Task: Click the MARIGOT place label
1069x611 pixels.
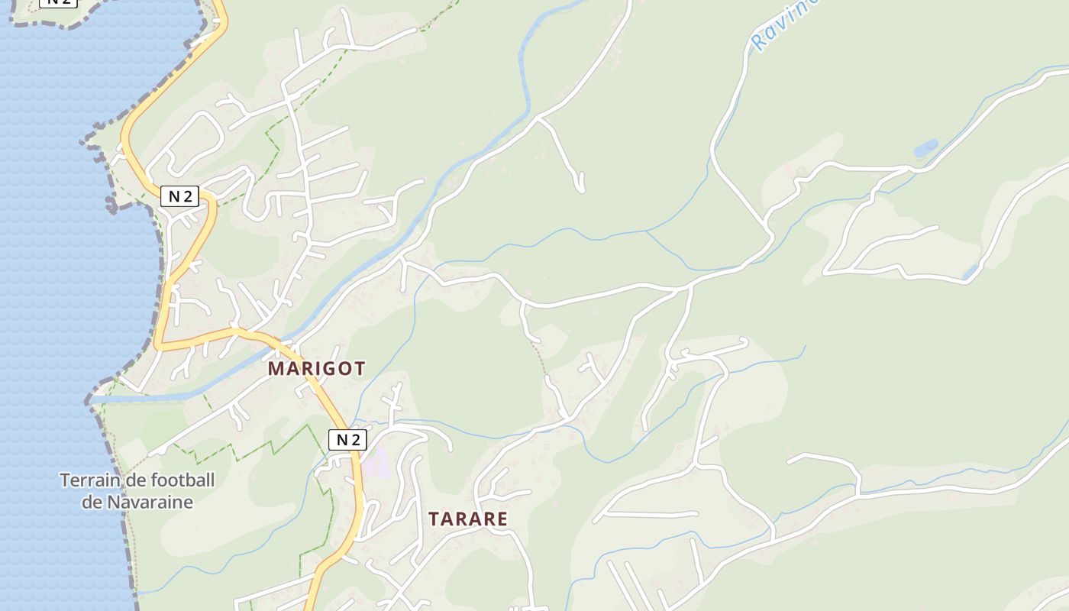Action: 316,368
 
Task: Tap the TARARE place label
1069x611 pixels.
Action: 467,519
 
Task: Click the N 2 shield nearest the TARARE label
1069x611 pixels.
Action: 347,439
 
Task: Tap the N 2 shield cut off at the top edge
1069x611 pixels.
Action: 58,2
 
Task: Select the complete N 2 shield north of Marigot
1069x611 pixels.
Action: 179,196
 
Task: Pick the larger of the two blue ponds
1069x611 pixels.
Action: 925,147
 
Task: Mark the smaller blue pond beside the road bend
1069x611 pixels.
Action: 970,271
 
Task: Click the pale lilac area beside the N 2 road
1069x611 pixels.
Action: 376,464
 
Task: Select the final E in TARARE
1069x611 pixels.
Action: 501,519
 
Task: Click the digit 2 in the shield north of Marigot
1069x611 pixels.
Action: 186,196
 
